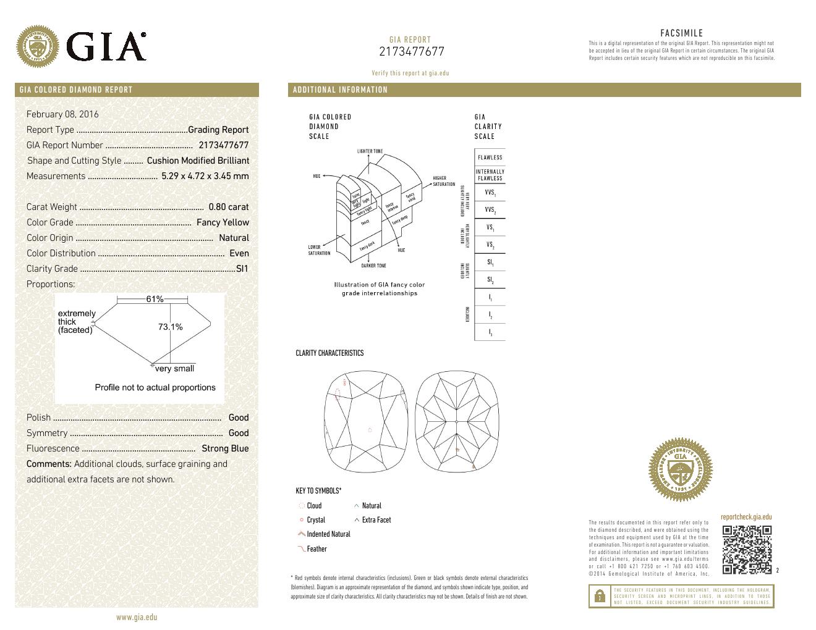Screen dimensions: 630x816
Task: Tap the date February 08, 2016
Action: click(62, 114)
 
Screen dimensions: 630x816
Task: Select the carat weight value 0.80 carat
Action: click(228, 207)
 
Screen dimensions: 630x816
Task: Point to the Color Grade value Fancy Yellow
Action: click(223, 222)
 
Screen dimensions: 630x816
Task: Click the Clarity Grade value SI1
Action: click(242, 269)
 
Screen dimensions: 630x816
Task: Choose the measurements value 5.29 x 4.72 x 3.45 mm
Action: click(205, 176)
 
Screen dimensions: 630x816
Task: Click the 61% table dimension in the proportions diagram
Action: click(155, 299)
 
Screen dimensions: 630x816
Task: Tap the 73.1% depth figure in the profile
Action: click(170, 327)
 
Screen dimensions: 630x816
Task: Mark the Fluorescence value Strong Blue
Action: click(225, 448)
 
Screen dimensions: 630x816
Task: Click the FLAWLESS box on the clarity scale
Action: click(490, 157)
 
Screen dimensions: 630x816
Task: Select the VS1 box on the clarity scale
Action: click(490, 228)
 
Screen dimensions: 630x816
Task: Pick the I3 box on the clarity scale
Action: click(490, 333)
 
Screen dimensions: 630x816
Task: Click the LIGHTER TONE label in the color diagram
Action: click(370, 151)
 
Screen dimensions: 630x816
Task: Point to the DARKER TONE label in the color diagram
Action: click(373, 266)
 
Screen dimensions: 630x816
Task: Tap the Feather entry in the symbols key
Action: click(317, 548)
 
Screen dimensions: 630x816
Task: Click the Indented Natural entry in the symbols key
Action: click(328, 534)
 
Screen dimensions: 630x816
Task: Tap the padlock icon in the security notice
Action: click(599, 597)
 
